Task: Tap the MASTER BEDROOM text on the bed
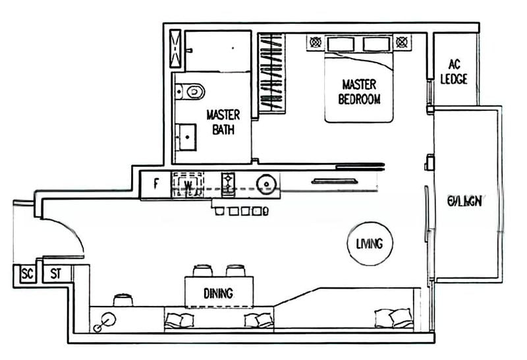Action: click(x=359, y=92)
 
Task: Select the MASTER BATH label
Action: click(x=223, y=121)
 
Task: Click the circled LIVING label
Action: click(x=369, y=243)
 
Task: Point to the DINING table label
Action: click(x=218, y=293)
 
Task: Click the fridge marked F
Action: click(x=155, y=184)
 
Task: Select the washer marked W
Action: click(x=188, y=185)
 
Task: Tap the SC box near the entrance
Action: click(x=27, y=273)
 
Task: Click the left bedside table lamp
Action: click(x=316, y=43)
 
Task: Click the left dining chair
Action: click(x=202, y=270)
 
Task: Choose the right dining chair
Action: click(x=235, y=270)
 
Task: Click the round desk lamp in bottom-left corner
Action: click(x=105, y=320)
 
